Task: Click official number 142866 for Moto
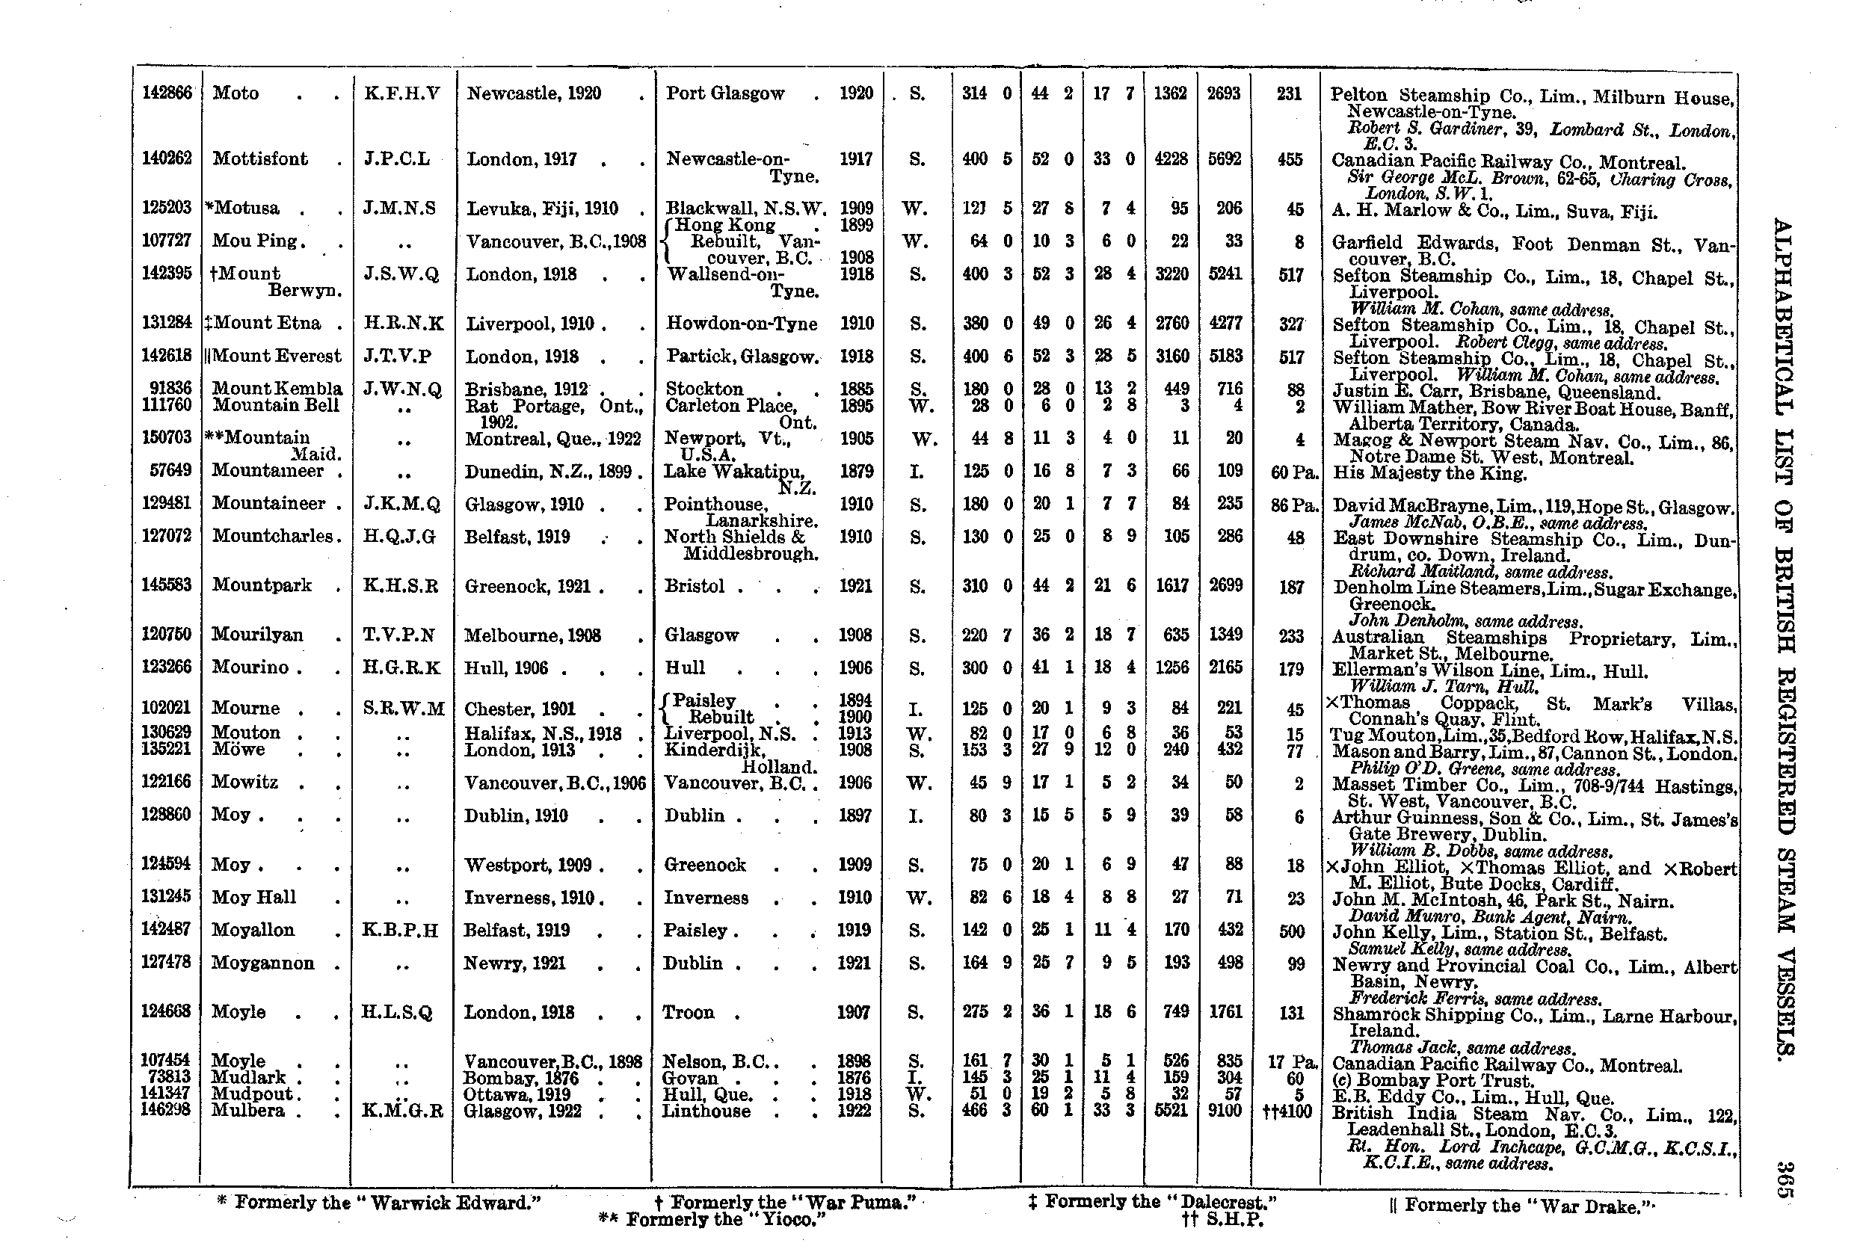tap(167, 93)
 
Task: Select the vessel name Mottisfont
tap(260, 158)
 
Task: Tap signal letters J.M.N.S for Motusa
tap(399, 209)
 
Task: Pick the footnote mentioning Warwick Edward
tap(378, 1203)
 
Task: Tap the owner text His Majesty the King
tap(1429, 473)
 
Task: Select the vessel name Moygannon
tap(262, 963)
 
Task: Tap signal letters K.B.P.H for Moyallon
tap(400, 930)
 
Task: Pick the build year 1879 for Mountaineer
tap(856, 472)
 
